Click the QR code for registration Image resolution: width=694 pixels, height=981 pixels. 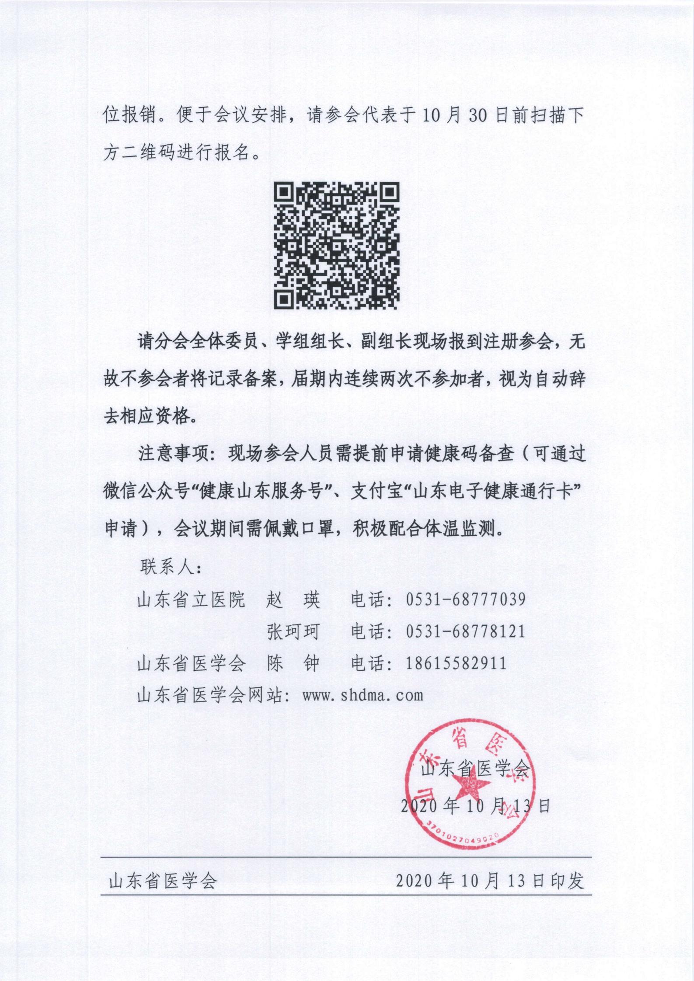336,246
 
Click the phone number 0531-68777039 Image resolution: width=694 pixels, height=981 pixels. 465,599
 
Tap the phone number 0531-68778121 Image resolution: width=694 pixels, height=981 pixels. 465,631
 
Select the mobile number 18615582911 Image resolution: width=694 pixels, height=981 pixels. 456,663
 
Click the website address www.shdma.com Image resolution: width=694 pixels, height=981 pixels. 363,695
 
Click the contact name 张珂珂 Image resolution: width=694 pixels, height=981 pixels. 293,632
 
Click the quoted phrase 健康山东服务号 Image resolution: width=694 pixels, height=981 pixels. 265,492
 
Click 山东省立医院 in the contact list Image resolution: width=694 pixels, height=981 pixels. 191,600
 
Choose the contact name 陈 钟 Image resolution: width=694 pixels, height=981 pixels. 293,664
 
